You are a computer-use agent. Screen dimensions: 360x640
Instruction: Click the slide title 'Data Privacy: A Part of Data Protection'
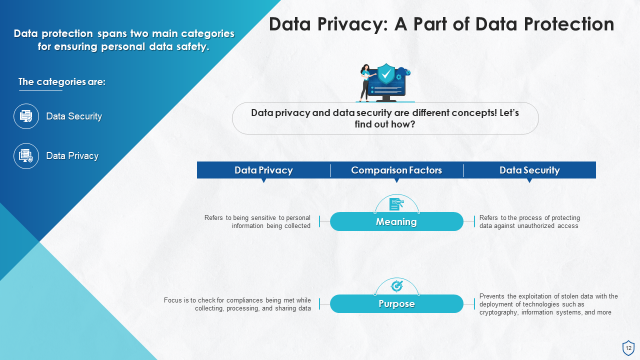pos(441,24)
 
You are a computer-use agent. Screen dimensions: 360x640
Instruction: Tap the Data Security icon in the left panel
pos(26,116)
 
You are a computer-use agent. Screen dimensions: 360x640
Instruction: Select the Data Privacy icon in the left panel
pos(26,156)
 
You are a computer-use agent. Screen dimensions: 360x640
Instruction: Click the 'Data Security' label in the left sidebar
pos(74,116)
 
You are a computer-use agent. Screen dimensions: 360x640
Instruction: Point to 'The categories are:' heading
pos(62,82)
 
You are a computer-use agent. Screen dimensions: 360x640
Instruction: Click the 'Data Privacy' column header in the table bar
pos(263,170)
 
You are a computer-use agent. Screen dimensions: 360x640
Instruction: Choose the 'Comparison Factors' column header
pos(396,170)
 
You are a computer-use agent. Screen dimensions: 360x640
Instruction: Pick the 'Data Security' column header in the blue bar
pos(529,170)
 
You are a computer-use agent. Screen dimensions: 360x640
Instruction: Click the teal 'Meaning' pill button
pos(396,221)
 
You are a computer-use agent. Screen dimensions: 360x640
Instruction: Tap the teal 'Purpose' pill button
pos(396,303)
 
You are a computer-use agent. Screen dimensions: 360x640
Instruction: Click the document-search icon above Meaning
pos(396,203)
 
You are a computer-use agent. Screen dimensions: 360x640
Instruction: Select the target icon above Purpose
pos(396,285)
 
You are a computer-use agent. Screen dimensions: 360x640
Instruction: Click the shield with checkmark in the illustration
pos(385,74)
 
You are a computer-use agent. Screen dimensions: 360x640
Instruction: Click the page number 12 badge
pos(628,348)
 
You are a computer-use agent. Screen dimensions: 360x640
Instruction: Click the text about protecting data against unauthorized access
pos(529,221)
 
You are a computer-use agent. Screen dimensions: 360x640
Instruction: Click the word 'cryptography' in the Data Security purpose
pos(498,312)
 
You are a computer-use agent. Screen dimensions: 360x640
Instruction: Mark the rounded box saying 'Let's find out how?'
pos(385,118)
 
